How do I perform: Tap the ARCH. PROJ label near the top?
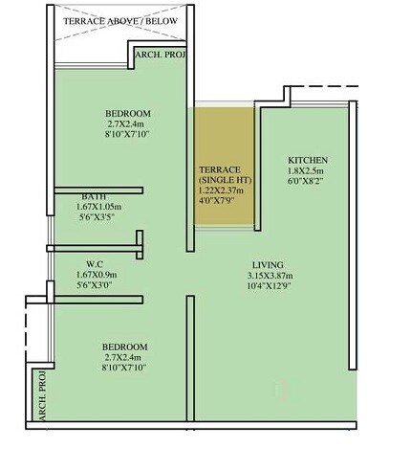(x=161, y=55)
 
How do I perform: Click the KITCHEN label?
(x=308, y=160)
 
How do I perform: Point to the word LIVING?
(x=270, y=265)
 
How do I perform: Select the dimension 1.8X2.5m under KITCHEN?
(x=308, y=171)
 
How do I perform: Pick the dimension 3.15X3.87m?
(x=270, y=277)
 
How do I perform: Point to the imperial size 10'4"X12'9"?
(x=270, y=287)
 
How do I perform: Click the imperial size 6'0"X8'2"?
(x=308, y=182)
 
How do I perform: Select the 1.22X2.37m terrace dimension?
(x=222, y=190)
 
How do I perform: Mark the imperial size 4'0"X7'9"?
(x=221, y=200)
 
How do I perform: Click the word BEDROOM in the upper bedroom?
(x=128, y=113)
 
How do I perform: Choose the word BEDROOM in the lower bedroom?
(x=125, y=346)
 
